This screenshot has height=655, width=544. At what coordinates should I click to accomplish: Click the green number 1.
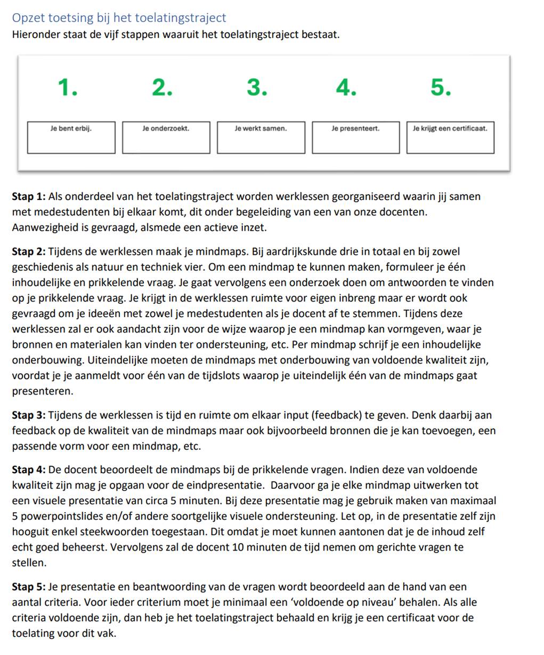point(67,87)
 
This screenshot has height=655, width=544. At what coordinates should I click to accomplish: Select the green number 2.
point(162,87)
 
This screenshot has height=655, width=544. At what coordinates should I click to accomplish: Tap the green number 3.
point(256,87)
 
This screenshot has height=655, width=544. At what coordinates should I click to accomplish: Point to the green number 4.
point(346,87)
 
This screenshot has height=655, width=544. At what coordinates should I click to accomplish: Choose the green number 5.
point(441,87)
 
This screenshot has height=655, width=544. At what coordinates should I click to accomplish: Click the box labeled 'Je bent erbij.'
point(71,138)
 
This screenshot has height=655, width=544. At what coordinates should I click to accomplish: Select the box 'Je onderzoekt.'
point(166,138)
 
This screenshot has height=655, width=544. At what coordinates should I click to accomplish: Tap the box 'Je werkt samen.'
point(261,138)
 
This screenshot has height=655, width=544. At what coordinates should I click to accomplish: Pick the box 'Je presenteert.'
point(355,138)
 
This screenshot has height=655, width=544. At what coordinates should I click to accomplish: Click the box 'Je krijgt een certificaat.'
point(450,138)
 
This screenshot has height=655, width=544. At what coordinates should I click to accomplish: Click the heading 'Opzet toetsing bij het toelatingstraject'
point(119,18)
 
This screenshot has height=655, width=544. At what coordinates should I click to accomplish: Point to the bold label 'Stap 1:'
point(29,197)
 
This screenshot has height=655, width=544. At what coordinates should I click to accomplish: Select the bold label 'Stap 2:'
point(29,252)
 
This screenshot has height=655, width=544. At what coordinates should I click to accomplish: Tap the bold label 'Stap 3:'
point(29,415)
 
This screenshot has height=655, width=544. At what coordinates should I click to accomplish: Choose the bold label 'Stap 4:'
point(29,470)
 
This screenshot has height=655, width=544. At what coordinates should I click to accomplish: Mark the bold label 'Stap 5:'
point(29,587)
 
